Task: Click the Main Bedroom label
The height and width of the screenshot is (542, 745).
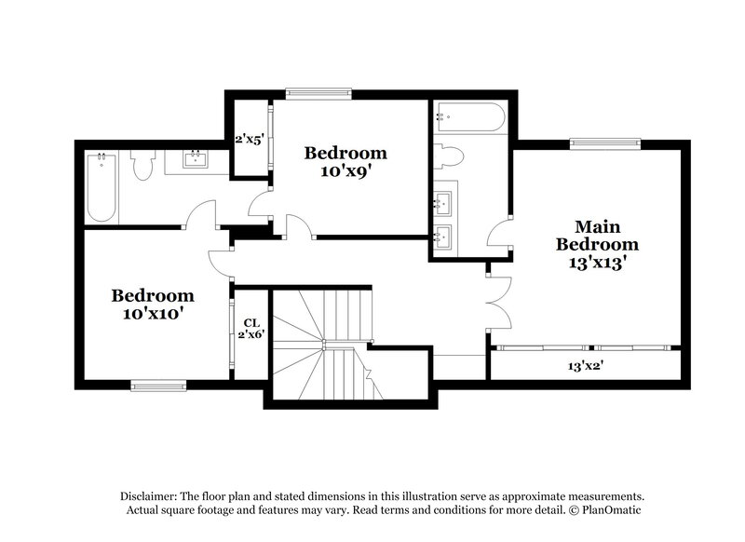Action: point(598,236)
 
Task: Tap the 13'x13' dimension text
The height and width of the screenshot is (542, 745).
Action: point(598,263)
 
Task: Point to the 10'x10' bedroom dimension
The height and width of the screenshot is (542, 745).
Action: point(153,314)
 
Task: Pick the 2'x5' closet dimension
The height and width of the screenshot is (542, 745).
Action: point(250,140)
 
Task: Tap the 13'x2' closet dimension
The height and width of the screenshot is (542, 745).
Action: point(586,365)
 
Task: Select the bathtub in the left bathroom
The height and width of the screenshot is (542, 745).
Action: point(102,186)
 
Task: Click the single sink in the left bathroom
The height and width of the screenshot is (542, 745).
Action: point(196,158)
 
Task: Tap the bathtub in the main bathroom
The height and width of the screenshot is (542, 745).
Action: point(469,119)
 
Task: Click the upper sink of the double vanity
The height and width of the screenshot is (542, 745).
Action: point(442,201)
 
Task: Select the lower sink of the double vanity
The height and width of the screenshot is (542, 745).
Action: point(442,233)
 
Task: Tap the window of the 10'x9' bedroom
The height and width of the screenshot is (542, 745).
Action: point(318,91)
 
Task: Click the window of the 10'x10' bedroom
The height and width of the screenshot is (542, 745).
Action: point(158,385)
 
